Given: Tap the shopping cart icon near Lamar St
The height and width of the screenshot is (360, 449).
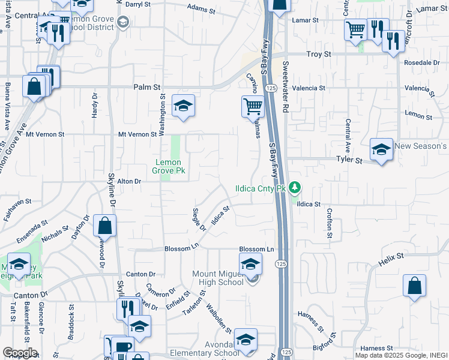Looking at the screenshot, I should point(355,29).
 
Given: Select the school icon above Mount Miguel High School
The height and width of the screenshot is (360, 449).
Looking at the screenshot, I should point(250,262).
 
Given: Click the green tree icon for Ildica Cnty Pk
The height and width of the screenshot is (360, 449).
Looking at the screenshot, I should point(294,188).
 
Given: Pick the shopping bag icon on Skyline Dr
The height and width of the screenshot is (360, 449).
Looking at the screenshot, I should point(104,226).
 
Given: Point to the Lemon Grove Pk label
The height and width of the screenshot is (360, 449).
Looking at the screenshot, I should point(170,167).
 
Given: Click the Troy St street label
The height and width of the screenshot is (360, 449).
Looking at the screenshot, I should point(319,54).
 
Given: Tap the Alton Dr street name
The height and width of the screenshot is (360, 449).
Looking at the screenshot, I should point(128,181).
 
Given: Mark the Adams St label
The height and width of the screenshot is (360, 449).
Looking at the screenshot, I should point(201,8).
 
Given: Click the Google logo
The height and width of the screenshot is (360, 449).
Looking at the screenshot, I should point(20,353).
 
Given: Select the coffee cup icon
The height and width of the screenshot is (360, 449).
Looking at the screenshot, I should point(124,346).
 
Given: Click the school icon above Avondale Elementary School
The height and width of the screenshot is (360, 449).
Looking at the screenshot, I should point(246,339).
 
